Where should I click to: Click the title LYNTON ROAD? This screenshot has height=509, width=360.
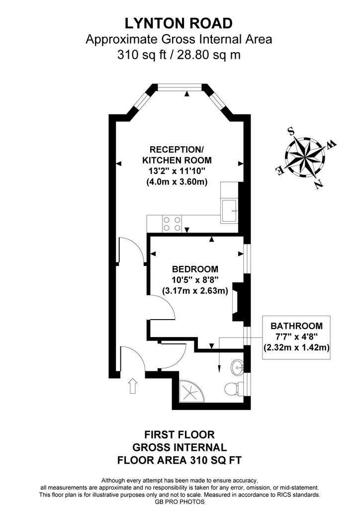coord(179,23)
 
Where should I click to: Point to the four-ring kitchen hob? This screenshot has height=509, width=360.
coord(172,224)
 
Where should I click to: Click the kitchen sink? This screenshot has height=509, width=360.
coord(229,211)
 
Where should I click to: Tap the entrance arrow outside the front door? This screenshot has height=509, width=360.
coord(133,386)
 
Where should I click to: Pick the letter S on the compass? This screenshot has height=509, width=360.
coord(291,131)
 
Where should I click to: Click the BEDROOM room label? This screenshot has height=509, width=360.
coord(195,269)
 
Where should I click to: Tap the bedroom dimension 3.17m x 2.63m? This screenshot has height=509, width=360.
coord(195,291)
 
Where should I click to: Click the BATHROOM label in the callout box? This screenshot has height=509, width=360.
coord(297,326)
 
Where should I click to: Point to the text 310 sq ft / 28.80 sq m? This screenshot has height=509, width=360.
coord(179,55)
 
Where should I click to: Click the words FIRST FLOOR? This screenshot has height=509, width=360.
coord(179,434)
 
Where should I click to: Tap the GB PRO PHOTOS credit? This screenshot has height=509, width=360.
coord(180,502)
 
